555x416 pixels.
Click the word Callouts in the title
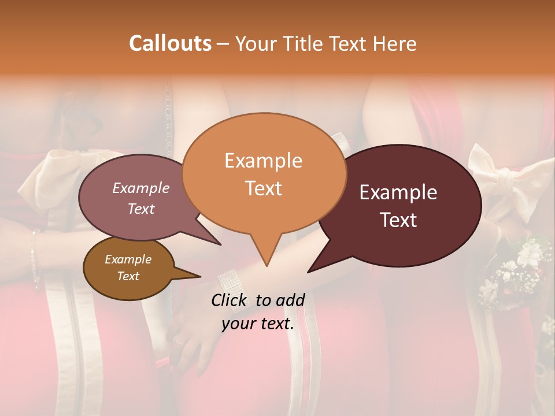[x=170, y=43]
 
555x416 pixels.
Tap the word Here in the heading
[x=395, y=43]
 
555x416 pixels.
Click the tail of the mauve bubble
[x=219, y=243]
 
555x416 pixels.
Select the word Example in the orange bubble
[x=263, y=161]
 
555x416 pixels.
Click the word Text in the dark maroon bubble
[x=399, y=220]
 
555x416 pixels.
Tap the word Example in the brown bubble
[x=128, y=259]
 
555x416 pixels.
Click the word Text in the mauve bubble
[x=141, y=209]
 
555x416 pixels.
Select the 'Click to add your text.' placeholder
[x=258, y=312]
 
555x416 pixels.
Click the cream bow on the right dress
[x=491, y=173]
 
